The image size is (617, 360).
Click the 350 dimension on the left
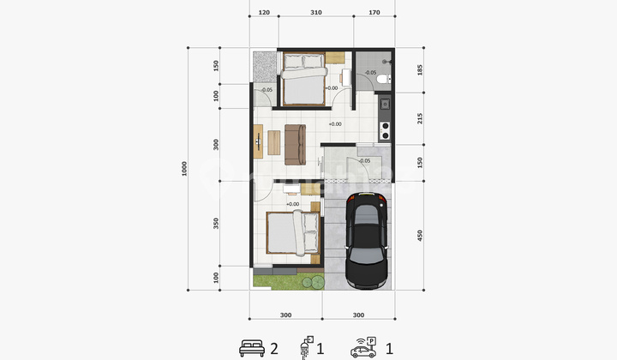click(218, 224)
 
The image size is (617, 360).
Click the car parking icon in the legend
click(364, 347)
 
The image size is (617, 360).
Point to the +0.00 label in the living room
click(334, 124)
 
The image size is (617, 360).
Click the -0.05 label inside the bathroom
click(369, 72)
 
